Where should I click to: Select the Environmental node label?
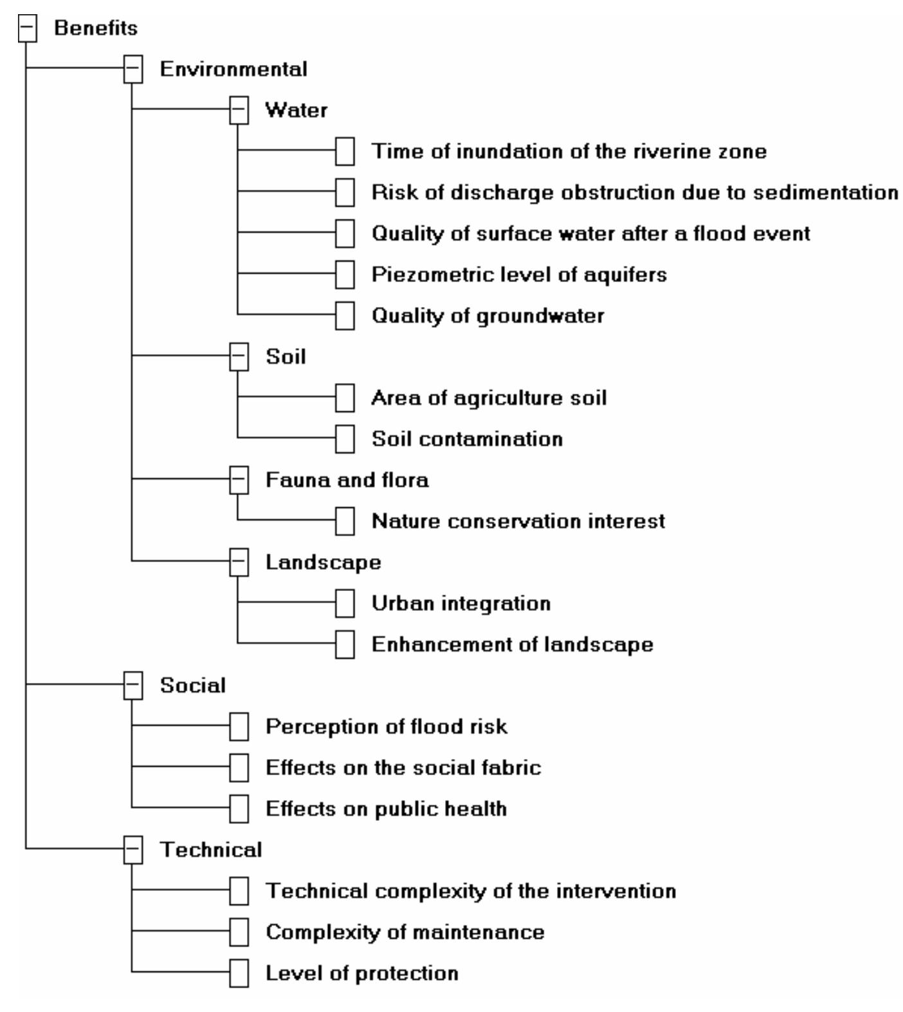coord(233,70)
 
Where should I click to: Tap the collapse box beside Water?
coord(239,111)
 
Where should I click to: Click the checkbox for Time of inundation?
coord(345,152)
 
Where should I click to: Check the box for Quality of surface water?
coord(345,234)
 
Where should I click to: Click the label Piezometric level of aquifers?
coord(518,275)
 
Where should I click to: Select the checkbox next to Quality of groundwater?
coord(345,316)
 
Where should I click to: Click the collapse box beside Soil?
coord(239,357)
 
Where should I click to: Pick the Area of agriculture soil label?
coord(488,398)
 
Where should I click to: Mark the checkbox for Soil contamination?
coord(345,439)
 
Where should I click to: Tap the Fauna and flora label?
coord(347,480)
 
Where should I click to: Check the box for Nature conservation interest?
coord(345,521)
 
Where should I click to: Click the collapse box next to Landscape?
coord(239,563)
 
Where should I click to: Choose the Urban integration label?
coord(461,604)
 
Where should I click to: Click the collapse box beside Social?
coord(133,686)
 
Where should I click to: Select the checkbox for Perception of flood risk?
coord(239,727)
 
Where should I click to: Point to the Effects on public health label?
coord(386,809)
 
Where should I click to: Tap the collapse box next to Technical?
coord(133,850)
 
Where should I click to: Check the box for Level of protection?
coord(239,973)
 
